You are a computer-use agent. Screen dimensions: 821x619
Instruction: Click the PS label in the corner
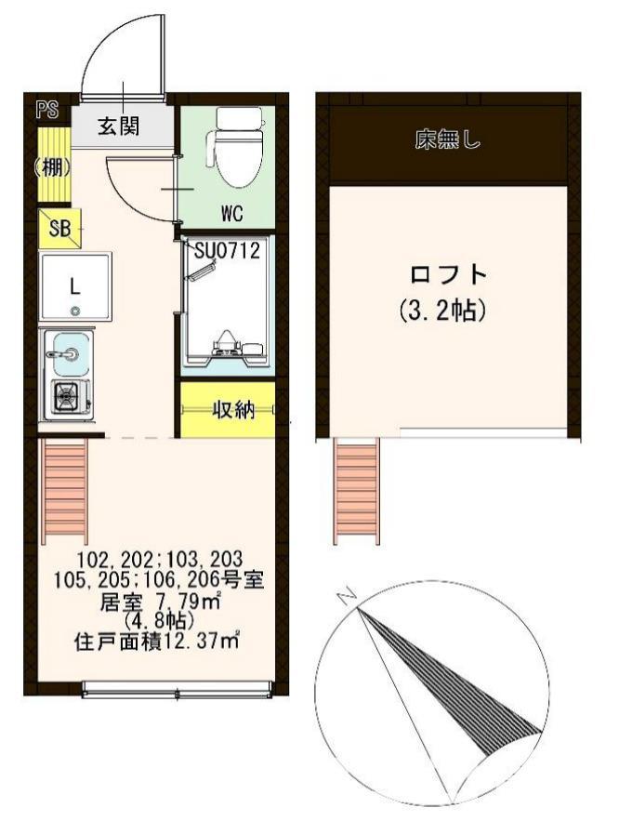tap(46, 110)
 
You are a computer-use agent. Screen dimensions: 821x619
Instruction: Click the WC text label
tap(231, 213)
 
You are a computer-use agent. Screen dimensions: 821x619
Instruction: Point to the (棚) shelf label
tap(52, 168)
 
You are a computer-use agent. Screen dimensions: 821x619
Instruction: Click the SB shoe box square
tap(59, 227)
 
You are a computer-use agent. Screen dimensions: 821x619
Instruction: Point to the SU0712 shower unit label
tap(226, 249)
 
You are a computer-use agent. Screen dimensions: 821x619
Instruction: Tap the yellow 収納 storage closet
tap(228, 409)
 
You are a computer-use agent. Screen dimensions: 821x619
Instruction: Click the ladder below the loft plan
tap(357, 488)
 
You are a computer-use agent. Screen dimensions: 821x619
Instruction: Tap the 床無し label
tap(448, 143)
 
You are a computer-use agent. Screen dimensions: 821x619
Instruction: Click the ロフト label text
tap(449, 275)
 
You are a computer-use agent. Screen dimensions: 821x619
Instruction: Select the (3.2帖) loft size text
tap(449, 311)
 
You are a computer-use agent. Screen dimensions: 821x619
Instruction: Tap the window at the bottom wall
tap(176, 690)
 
